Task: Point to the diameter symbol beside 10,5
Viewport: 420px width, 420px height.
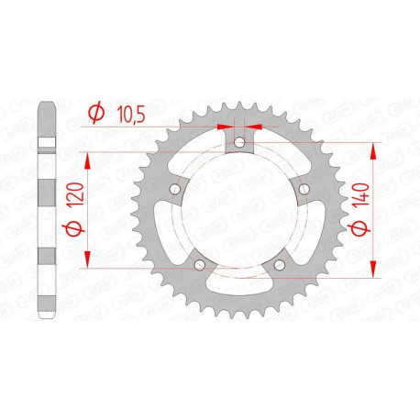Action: (x=94, y=113)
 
